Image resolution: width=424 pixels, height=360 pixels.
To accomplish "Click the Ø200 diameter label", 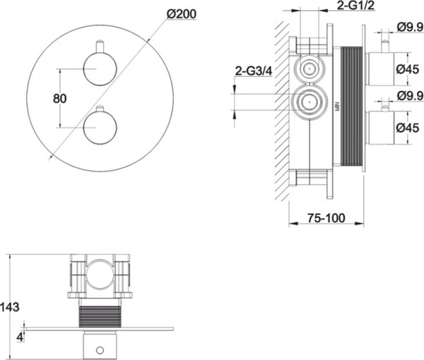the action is [x=182, y=14].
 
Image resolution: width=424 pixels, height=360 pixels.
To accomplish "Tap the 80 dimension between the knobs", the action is [x=60, y=99].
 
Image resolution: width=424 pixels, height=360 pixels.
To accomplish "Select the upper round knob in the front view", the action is [x=100, y=69].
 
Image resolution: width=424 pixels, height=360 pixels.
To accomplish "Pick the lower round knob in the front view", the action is [x=100, y=127].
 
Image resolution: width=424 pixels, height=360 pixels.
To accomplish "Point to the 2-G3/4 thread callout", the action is [x=254, y=71].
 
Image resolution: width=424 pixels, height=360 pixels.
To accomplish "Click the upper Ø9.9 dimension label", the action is [x=410, y=27].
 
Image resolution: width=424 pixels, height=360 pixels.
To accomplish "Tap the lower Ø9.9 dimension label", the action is [x=410, y=95].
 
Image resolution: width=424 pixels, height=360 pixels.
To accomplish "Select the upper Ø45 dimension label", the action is [x=408, y=69].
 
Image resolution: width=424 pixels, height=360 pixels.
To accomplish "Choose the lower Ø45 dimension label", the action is [x=408, y=128].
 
